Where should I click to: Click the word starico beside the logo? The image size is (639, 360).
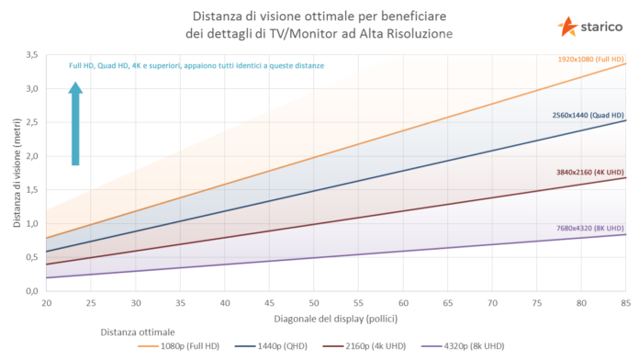(x=601, y=28)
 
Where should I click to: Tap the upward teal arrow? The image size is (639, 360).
(x=75, y=123)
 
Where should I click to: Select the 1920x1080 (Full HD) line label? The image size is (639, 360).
(x=591, y=59)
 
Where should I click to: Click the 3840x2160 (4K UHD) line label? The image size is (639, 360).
(x=590, y=172)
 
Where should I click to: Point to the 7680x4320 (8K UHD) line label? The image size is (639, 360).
(x=590, y=227)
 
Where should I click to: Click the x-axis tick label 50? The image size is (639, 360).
(x=313, y=302)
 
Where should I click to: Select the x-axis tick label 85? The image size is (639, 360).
(x=625, y=302)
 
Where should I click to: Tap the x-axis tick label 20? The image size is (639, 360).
(x=47, y=302)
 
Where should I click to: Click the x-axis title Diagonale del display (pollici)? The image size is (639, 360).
(x=336, y=318)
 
